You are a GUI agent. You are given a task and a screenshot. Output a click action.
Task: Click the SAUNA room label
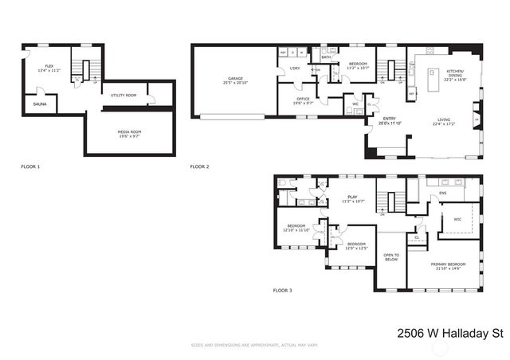39,104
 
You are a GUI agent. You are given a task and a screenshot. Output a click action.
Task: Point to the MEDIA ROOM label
129,133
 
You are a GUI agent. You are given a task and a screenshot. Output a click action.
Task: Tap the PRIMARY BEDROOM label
448,266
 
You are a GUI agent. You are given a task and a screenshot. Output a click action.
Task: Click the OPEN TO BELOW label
390,256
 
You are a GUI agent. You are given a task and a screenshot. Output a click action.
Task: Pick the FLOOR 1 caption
30,166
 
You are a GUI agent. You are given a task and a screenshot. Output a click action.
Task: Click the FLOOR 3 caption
282,291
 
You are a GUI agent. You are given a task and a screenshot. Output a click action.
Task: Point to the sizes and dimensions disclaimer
254,345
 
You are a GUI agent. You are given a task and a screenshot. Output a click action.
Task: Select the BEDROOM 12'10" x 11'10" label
296,229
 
